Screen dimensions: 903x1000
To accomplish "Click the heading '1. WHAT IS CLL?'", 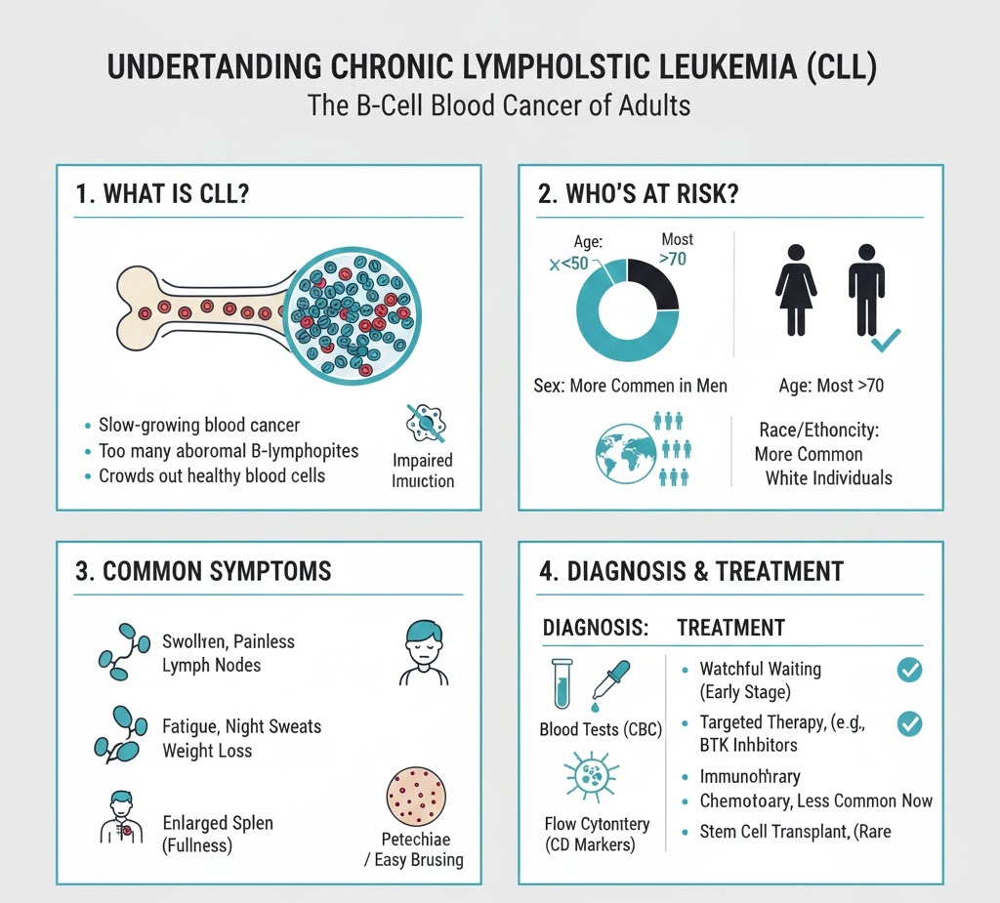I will pyautogui.click(x=162, y=193).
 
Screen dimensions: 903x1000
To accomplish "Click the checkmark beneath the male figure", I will pyautogui.click(x=886, y=341).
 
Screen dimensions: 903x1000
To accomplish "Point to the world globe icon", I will pyautogui.click(x=624, y=452).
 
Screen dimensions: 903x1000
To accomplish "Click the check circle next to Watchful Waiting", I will pyautogui.click(x=909, y=670).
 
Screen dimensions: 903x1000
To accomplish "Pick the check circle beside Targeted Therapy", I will pyautogui.click(x=909, y=724).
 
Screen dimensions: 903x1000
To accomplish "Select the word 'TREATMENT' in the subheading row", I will pyautogui.click(x=730, y=628).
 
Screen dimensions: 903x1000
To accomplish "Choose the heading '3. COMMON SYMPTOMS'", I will pyautogui.click(x=203, y=571).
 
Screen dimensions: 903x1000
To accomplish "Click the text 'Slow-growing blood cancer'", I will pyautogui.click(x=199, y=426).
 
